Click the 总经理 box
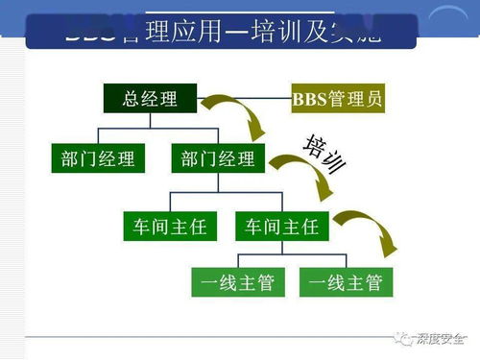click(149, 100)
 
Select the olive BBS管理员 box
click(337, 100)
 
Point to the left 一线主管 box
click(232, 283)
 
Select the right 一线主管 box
click(340, 283)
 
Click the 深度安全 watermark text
click(441, 337)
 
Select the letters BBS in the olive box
click(309, 100)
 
